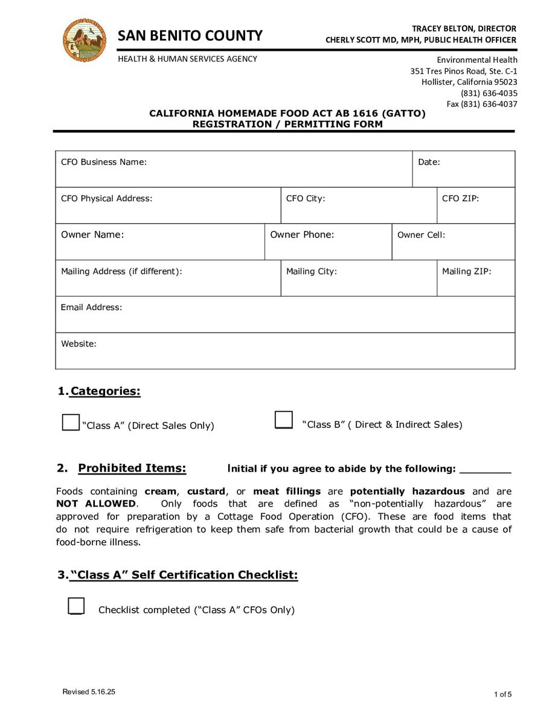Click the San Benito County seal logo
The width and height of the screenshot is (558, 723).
(x=85, y=40)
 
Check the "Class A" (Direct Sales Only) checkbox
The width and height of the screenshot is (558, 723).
(x=71, y=422)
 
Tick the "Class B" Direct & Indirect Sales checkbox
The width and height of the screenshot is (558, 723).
(x=284, y=420)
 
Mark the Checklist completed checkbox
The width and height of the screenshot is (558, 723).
(x=76, y=606)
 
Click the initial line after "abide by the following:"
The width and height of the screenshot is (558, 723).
(x=485, y=469)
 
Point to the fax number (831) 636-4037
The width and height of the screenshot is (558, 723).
(x=482, y=104)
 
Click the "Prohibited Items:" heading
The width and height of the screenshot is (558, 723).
(x=132, y=468)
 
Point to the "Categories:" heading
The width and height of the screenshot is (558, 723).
(x=105, y=391)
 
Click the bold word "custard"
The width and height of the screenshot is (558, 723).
(x=206, y=491)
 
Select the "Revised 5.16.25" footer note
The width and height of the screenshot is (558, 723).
(x=89, y=692)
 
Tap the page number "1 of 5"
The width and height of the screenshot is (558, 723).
(x=502, y=694)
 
